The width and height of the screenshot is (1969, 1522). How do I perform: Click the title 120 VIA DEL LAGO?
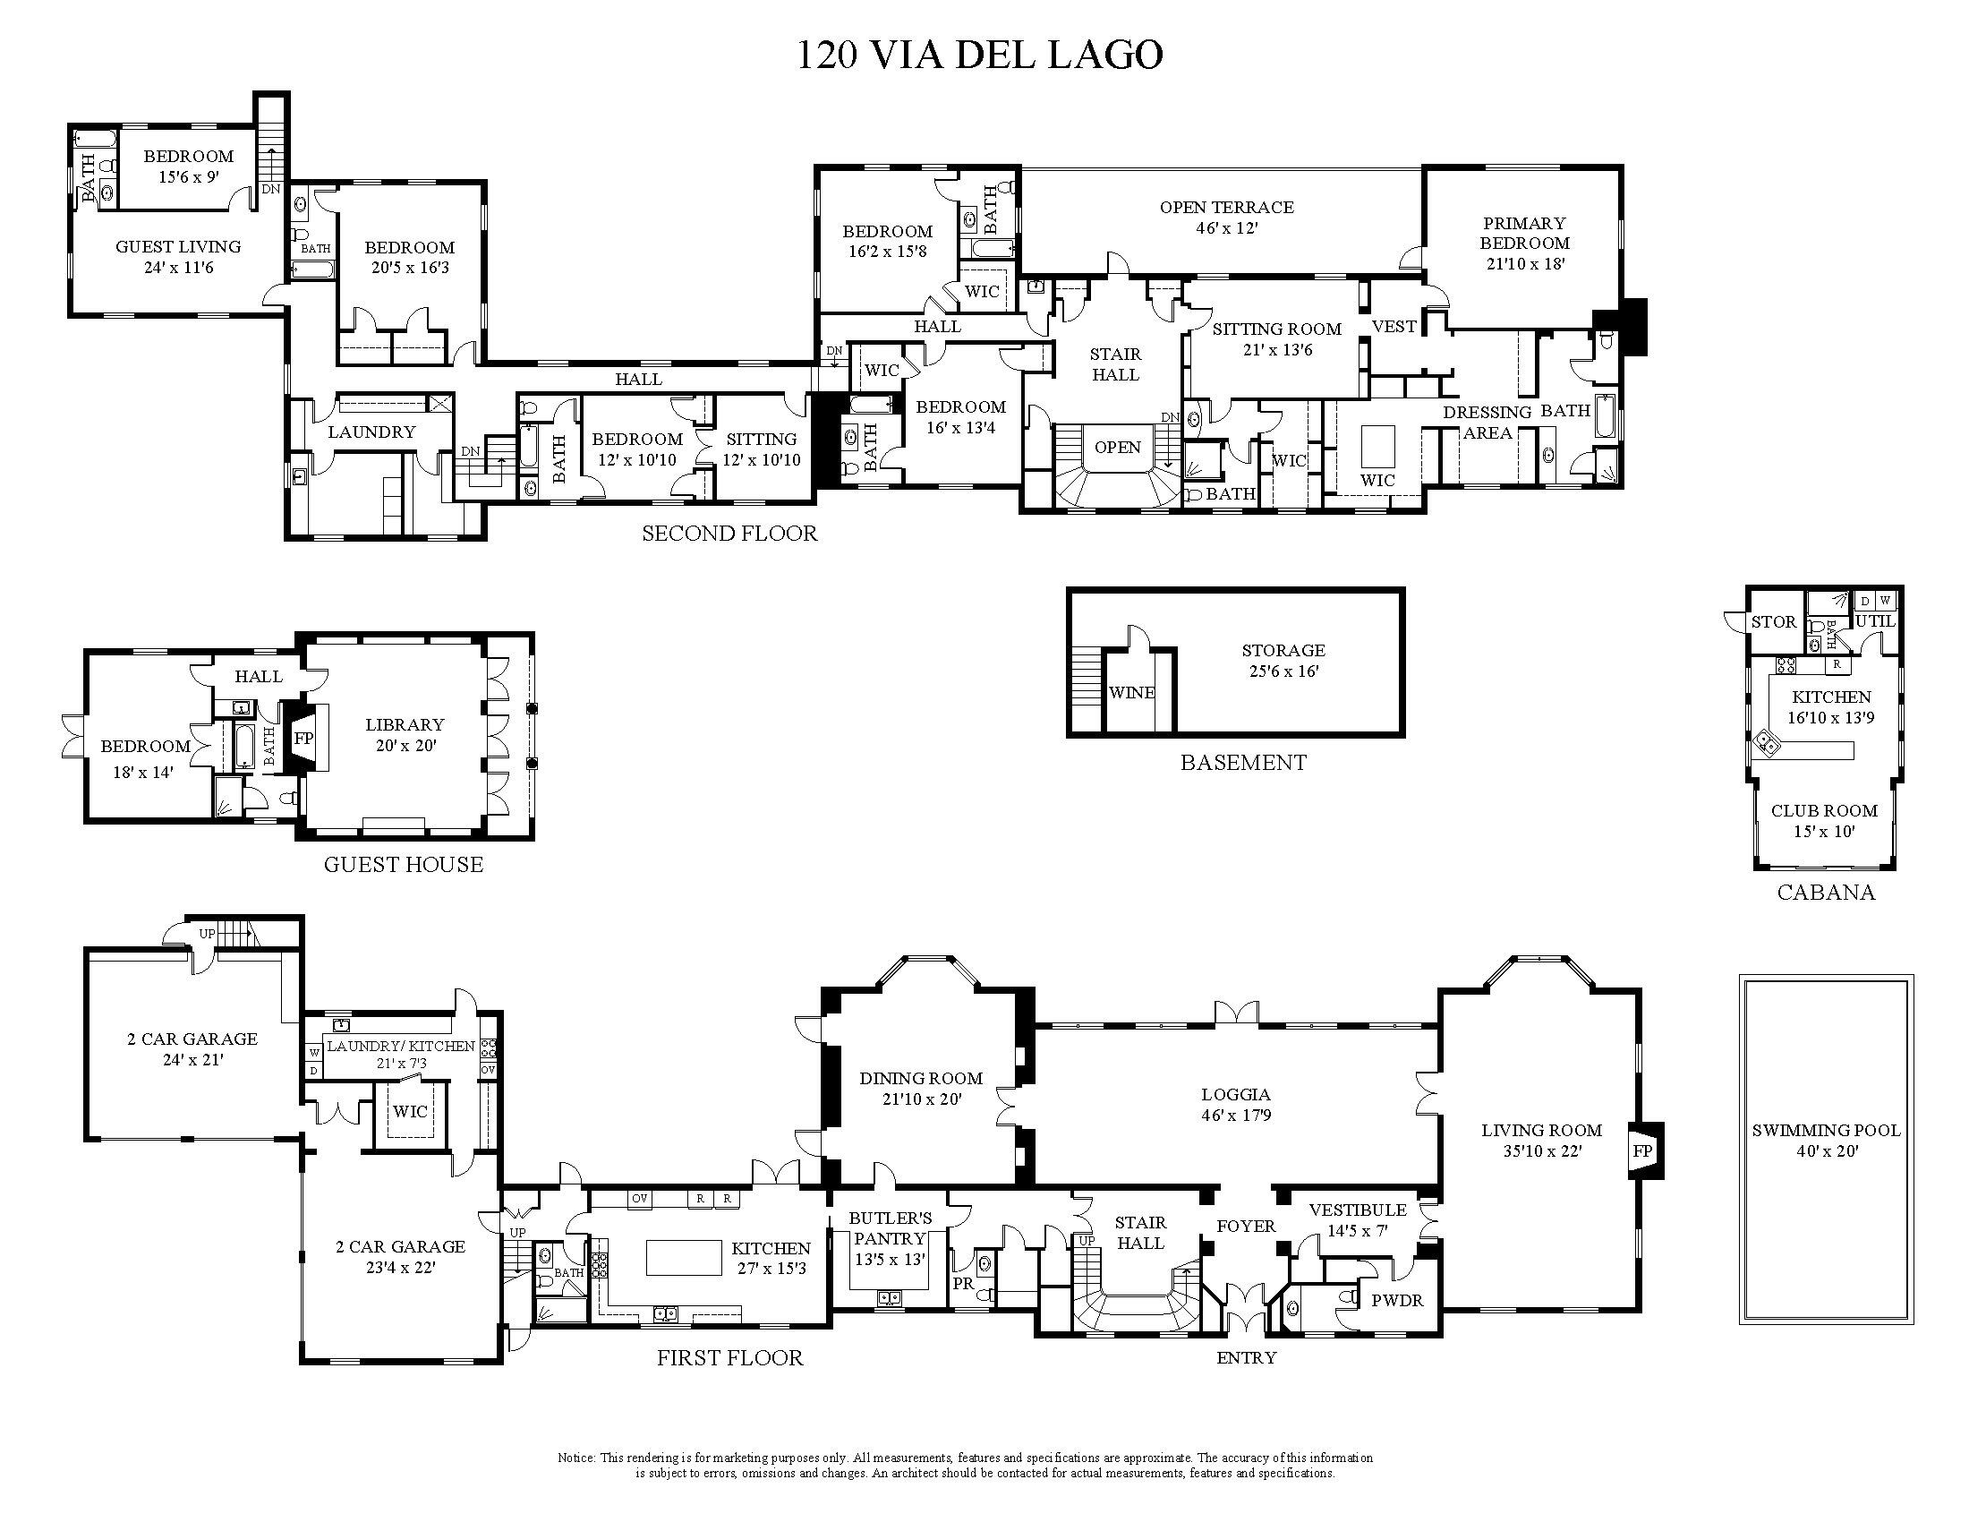979,56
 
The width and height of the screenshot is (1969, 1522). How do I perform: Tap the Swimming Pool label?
1826,1130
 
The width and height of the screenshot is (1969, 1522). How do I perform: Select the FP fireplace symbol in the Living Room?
1641,1150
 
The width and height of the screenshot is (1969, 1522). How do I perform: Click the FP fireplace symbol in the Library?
304,738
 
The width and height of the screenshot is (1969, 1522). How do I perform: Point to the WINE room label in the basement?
1131,692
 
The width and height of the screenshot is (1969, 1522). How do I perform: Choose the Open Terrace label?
1226,208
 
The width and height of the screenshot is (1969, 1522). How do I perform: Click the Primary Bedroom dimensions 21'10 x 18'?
1524,264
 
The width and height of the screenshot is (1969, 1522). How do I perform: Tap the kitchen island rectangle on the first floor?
684,1258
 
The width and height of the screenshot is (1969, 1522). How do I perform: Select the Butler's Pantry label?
890,1228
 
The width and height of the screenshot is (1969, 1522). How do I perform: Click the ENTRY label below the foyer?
1246,1358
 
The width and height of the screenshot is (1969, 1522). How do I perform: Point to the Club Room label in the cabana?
1824,810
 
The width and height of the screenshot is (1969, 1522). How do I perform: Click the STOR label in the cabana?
1773,622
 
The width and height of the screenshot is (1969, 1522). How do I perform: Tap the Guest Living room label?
177,246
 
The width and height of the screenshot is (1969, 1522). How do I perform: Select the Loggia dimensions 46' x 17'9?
1236,1116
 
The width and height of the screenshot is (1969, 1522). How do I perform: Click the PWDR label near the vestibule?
1396,1301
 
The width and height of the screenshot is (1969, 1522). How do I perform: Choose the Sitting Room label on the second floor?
1276,329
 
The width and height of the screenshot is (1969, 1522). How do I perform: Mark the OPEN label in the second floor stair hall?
1117,448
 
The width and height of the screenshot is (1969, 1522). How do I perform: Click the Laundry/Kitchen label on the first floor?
400,1046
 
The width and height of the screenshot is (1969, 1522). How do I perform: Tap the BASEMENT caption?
1243,763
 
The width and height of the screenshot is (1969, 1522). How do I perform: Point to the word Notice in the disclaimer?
577,1458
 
